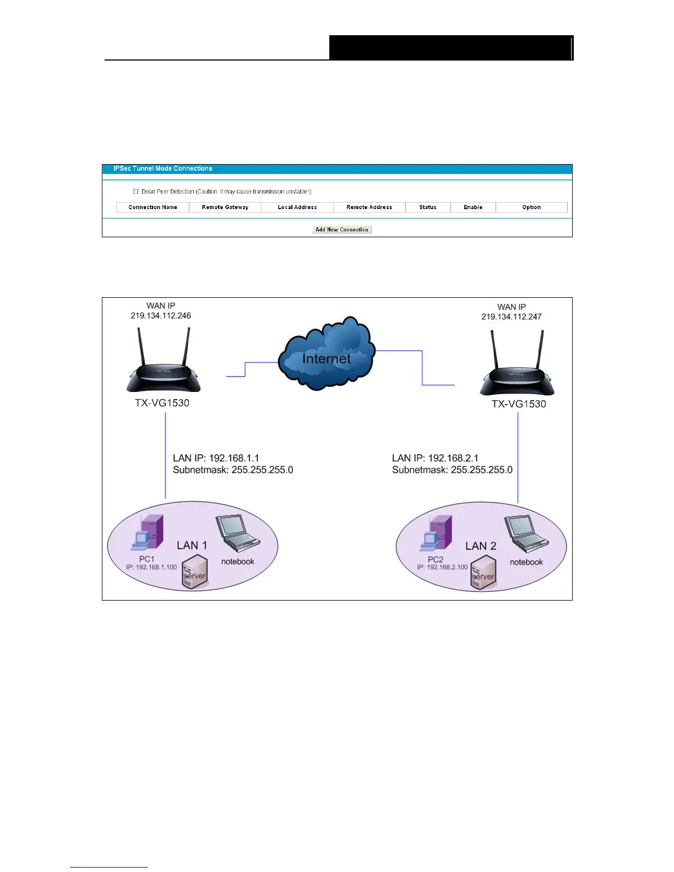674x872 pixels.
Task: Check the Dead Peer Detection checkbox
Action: [135, 192]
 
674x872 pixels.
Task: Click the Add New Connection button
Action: [342, 230]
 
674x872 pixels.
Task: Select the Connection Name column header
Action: [153, 208]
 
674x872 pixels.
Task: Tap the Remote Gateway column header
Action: [225, 208]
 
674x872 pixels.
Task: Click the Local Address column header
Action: [297, 208]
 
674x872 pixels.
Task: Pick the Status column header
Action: [427, 208]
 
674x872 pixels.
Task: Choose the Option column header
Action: [531, 208]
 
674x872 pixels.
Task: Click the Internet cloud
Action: [327, 353]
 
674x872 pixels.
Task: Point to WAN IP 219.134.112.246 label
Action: [161, 311]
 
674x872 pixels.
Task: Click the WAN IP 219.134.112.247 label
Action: [512, 312]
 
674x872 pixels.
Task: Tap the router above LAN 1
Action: [164, 366]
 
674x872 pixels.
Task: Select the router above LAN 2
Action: [517, 369]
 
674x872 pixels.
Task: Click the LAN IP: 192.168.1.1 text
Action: [216, 458]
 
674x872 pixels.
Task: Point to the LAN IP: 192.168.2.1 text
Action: [435, 458]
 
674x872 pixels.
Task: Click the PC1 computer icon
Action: [148, 532]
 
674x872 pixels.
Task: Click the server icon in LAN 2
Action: [483, 573]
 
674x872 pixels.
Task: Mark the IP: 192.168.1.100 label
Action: [151, 567]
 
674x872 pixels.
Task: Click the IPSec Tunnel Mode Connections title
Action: [162, 168]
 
